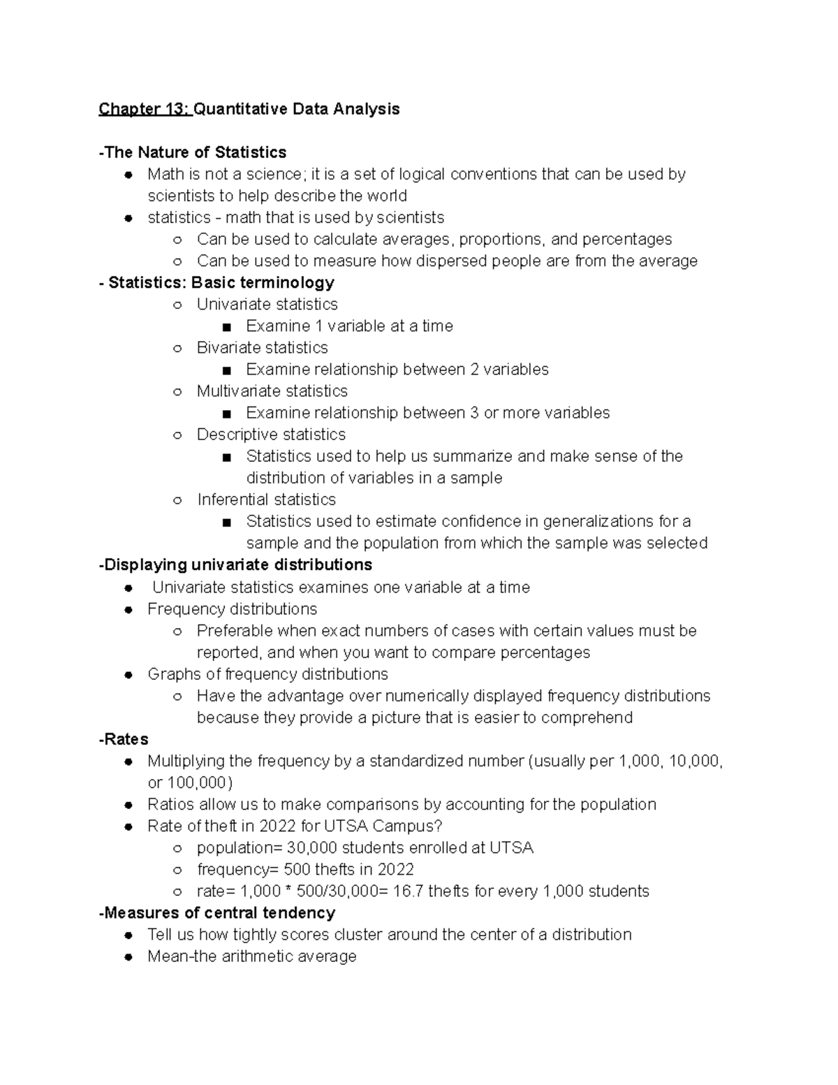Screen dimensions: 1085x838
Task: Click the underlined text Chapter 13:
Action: tap(144, 109)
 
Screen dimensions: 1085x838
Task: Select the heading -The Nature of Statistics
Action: tap(193, 152)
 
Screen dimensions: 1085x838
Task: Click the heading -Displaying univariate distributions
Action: tap(235, 565)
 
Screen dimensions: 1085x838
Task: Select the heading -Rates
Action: tap(124, 739)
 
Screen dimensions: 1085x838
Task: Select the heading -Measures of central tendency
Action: tap(217, 913)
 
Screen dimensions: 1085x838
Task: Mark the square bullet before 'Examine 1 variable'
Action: tap(226, 327)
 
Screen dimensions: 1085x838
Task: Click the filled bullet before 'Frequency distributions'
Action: tap(128, 610)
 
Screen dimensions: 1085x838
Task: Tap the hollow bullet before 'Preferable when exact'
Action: tap(177, 632)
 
